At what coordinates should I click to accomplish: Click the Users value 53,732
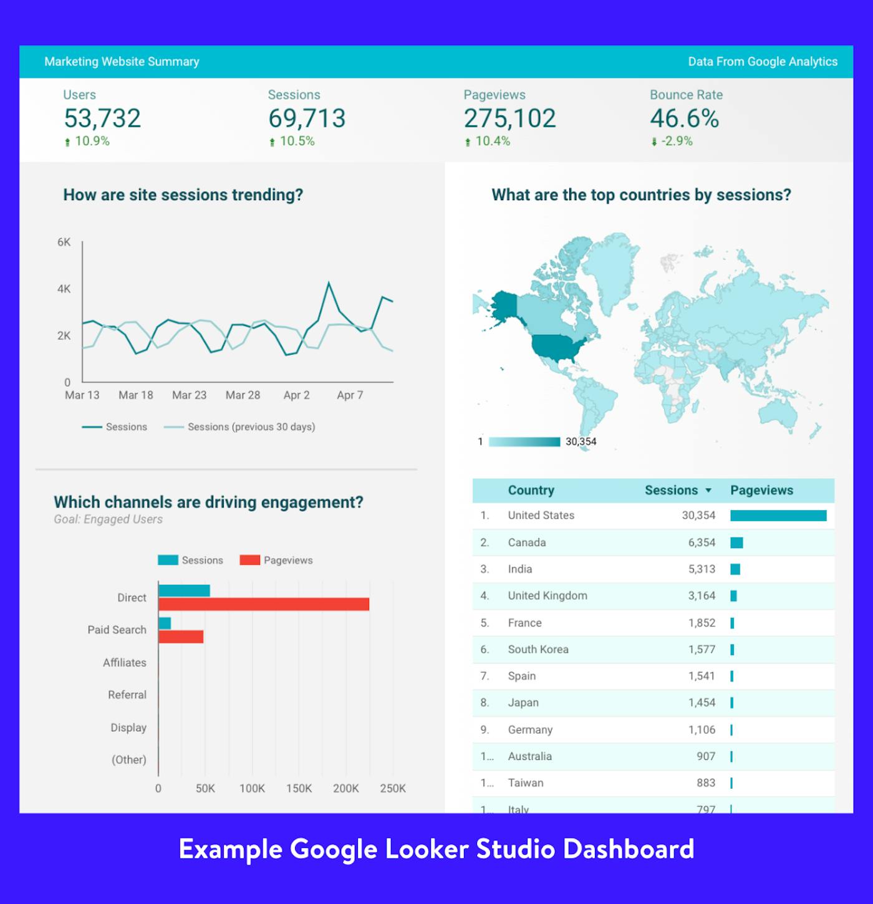coord(102,118)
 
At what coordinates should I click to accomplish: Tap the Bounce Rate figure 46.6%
coord(684,118)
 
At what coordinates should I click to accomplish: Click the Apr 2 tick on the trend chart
coord(296,395)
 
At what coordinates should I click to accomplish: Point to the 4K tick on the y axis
coord(64,289)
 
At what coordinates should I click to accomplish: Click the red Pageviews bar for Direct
coord(264,605)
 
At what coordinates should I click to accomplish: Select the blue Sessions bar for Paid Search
coord(165,623)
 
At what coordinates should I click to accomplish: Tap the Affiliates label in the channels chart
coord(125,663)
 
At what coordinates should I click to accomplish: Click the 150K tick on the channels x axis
coord(299,789)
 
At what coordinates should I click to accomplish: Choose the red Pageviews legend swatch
coord(249,560)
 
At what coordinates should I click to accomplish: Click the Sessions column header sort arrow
coord(708,491)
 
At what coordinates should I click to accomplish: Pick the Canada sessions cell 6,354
coord(702,542)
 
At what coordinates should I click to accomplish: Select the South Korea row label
coord(538,650)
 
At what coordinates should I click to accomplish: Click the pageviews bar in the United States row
coord(778,516)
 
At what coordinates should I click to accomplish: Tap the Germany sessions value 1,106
coord(702,730)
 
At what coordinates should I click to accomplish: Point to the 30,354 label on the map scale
coord(581,442)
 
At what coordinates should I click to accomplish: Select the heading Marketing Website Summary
coord(122,62)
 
